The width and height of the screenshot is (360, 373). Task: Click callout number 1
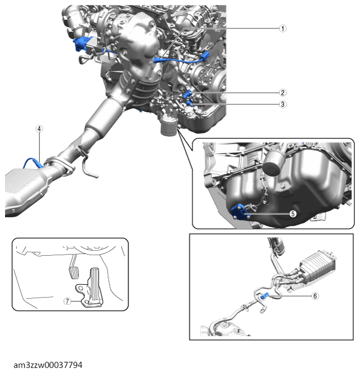point(283,28)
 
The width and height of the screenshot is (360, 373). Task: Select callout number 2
point(283,93)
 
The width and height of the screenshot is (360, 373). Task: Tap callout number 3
point(283,104)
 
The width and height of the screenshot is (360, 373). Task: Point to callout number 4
point(39,128)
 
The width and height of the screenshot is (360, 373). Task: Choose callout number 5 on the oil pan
point(292,213)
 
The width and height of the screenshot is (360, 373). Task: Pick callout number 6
point(315,296)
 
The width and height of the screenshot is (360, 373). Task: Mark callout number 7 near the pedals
point(67,300)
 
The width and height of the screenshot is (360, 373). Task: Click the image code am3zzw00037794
point(48,365)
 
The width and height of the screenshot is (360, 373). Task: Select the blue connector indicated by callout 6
point(266,295)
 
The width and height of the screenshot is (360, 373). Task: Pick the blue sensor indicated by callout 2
point(190,93)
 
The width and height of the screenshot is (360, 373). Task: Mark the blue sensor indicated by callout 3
point(190,102)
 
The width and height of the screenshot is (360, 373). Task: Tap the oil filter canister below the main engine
point(167,126)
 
